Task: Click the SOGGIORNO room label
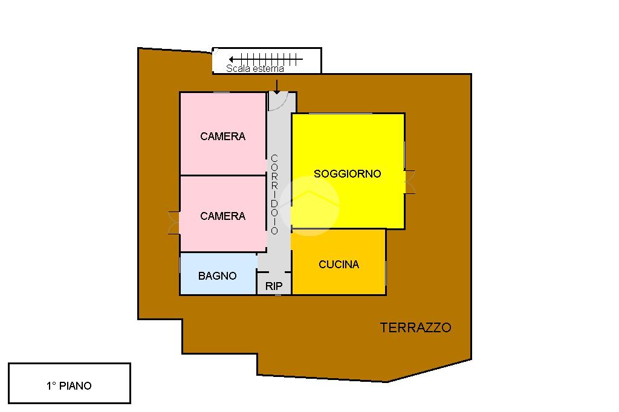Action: click(x=347, y=174)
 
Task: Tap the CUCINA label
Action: click(x=339, y=265)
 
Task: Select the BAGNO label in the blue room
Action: click(x=217, y=276)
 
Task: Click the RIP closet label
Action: click(x=274, y=286)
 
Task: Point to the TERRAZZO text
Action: click(x=415, y=328)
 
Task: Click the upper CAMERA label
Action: click(x=222, y=137)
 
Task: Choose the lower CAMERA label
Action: click(x=222, y=216)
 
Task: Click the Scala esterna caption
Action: click(x=254, y=69)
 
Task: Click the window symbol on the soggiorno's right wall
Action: click(x=410, y=182)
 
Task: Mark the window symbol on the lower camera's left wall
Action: click(x=174, y=222)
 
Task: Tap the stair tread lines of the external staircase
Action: click(x=272, y=59)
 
